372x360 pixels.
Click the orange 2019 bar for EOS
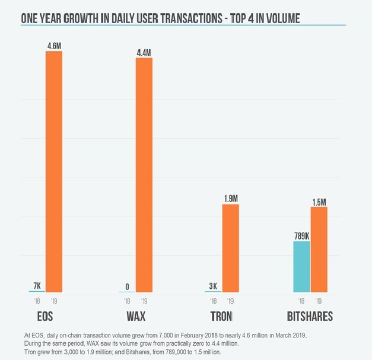point(54,171)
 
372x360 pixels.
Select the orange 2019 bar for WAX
point(144,174)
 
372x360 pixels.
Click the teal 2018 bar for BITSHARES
point(301,266)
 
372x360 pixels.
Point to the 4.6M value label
point(54,44)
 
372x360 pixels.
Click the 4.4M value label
point(144,51)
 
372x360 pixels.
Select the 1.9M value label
point(230,198)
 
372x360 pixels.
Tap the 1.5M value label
point(319,202)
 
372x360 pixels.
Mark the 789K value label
point(301,235)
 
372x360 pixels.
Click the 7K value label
point(37,285)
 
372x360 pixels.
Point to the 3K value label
point(213,286)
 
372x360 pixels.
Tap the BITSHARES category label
point(310,316)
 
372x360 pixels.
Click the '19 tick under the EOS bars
point(54,301)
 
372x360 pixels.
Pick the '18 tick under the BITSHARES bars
point(301,301)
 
